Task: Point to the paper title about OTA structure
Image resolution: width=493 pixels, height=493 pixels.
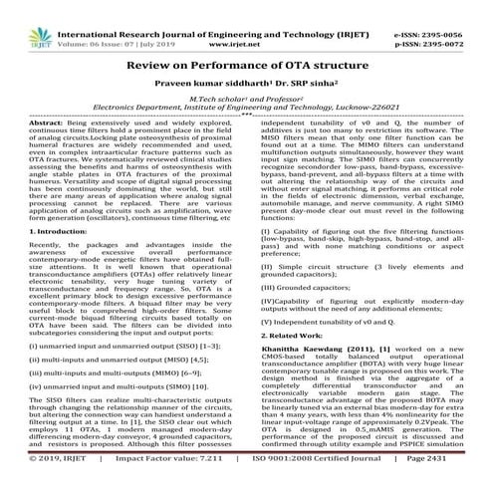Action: (246, 62)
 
